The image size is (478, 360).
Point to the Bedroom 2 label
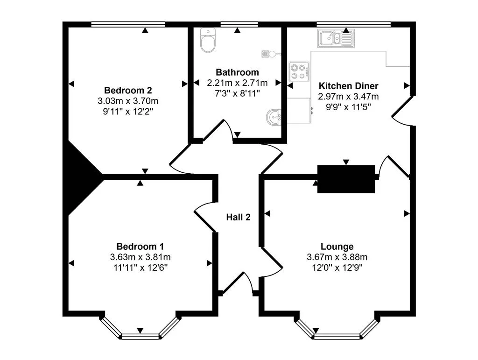[x=128, y=90]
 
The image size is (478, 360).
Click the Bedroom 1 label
[x=140, y=246]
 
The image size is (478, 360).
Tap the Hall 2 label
[x=239, y=217]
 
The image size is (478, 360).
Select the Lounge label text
[x=337, y=246]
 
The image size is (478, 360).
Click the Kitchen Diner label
[x=348, y=86]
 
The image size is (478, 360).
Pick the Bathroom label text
[x=237, y=72]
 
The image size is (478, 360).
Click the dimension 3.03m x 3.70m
[x=128, y=101]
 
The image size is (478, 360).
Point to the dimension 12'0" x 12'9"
[x=337, y=268]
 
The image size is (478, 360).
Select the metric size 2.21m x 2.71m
[x=237, y=83]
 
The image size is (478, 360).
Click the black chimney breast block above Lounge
[x=346, y=179]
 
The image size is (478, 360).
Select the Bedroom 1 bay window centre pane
[x=140, y=336]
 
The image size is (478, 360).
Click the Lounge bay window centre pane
[x=337, y=336]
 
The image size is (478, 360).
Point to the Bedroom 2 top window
[x=128, y=24]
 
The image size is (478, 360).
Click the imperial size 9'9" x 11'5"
[x=348, y=107]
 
